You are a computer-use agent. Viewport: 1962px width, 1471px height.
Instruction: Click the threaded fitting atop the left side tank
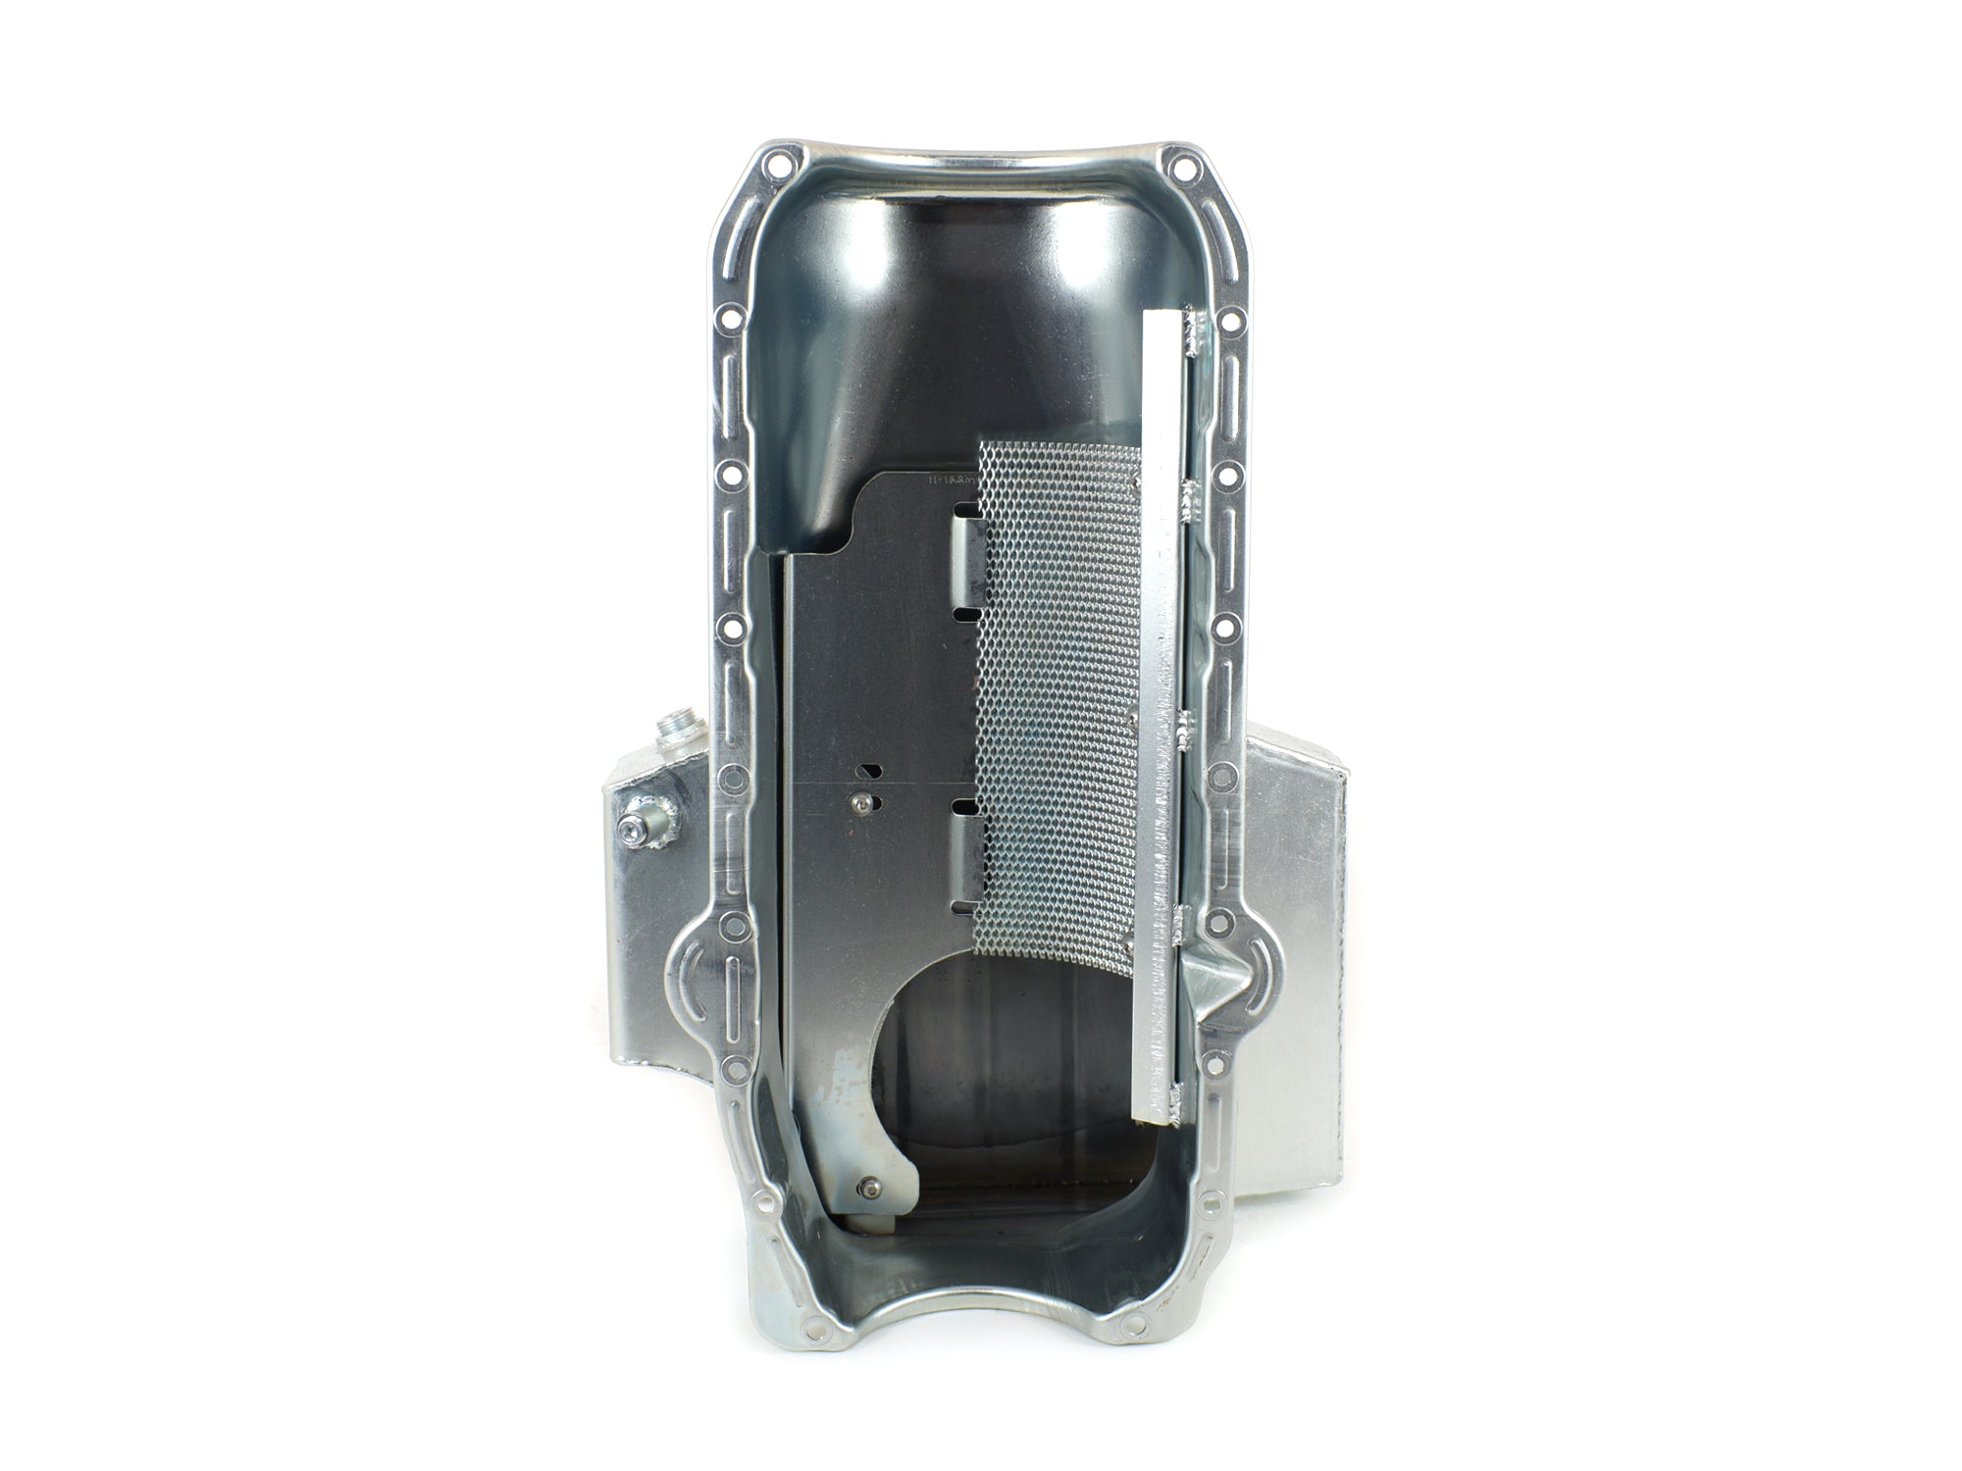(x=675, y=727)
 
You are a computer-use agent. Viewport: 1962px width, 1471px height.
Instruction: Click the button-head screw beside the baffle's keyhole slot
(x=860, y=803)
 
